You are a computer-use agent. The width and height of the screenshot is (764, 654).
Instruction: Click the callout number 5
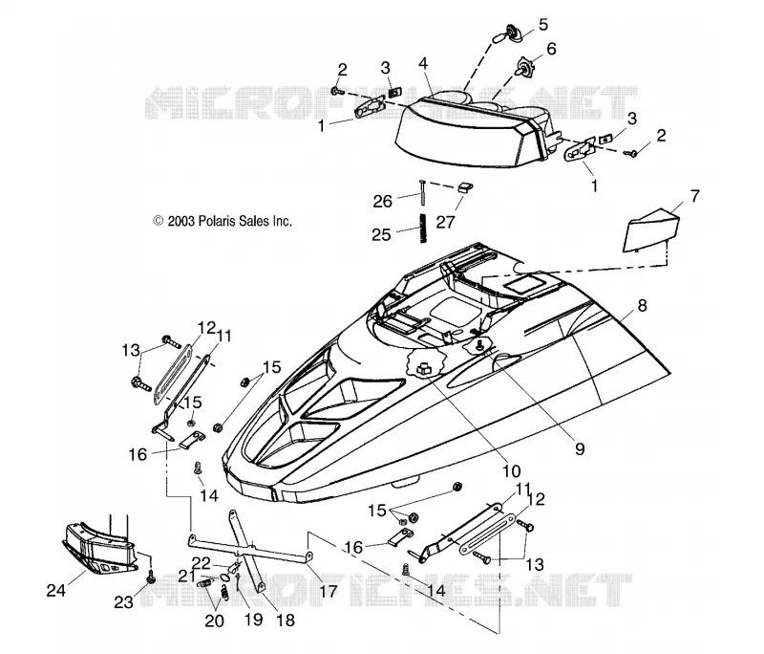542,25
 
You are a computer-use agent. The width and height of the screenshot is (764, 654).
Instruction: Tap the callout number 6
551,49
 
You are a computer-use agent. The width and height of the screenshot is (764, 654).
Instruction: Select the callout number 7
694,196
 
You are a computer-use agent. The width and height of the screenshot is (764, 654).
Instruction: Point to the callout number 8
642,306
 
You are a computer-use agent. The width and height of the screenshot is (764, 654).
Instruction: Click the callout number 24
56,591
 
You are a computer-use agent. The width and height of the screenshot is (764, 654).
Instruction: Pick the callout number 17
328,592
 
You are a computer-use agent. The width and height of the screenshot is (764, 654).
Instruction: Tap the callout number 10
512,471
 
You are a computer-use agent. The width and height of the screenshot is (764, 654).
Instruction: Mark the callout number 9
580,448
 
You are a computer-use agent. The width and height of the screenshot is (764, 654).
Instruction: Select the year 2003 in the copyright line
181,221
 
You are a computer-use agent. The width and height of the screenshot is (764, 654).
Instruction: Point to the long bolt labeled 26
421,192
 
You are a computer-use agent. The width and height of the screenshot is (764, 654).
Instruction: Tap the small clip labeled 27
466,187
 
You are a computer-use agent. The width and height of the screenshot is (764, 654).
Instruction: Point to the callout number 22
202,564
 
